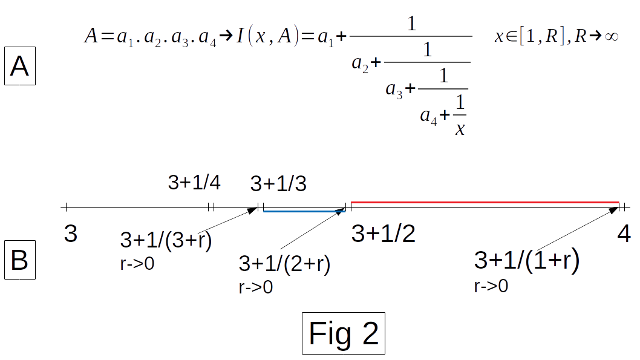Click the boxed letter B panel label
click(19, 260)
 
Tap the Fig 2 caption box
click(344, 333)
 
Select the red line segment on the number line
click(484, 201)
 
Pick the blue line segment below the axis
click(304, 211)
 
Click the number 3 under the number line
click(71, 234)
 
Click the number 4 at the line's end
click(624, 234)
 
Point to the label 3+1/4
click(194, 183)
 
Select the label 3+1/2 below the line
click(384, 234)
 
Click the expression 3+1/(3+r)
click(166, 240)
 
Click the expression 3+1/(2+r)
click(284, 264)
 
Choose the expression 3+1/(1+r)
click(527, 260)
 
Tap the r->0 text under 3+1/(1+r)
click(491, 286)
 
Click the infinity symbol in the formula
click(610, 36)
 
